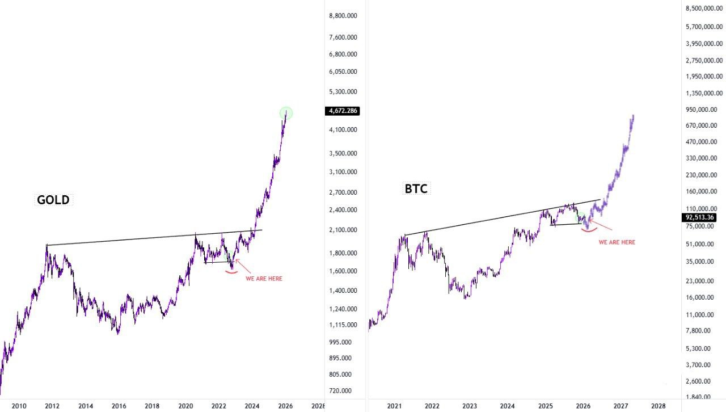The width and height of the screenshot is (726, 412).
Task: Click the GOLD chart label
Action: coord(53,200)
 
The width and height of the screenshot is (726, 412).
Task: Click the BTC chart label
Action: coord(416,189)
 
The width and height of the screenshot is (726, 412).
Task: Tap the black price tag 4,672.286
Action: coord(343,111)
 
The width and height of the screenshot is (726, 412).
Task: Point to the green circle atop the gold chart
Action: coord(286,113)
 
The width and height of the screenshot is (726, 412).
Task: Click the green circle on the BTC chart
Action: coord(580,217)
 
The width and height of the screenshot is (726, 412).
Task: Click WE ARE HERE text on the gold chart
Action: coord(264,279)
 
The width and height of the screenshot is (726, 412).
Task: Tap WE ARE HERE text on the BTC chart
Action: coord(617,242)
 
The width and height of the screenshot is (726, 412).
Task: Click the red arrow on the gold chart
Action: coord(241,265)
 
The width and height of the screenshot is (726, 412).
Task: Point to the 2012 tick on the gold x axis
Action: coord(52,406)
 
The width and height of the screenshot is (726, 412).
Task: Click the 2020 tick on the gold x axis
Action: coord(185,406)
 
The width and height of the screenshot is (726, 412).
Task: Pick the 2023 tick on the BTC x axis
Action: coord(470,406)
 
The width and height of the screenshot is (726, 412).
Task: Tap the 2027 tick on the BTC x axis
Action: coord(621,406)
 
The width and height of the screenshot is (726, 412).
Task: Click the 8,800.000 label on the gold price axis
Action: coord(343,16)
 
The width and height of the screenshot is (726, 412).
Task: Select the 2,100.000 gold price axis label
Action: coord(343,230)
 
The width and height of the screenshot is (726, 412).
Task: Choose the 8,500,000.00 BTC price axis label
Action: coord(704,9)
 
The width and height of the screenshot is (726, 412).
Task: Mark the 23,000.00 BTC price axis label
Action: coord(704,281)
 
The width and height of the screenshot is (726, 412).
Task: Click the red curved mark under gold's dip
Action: coord(231,272)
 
